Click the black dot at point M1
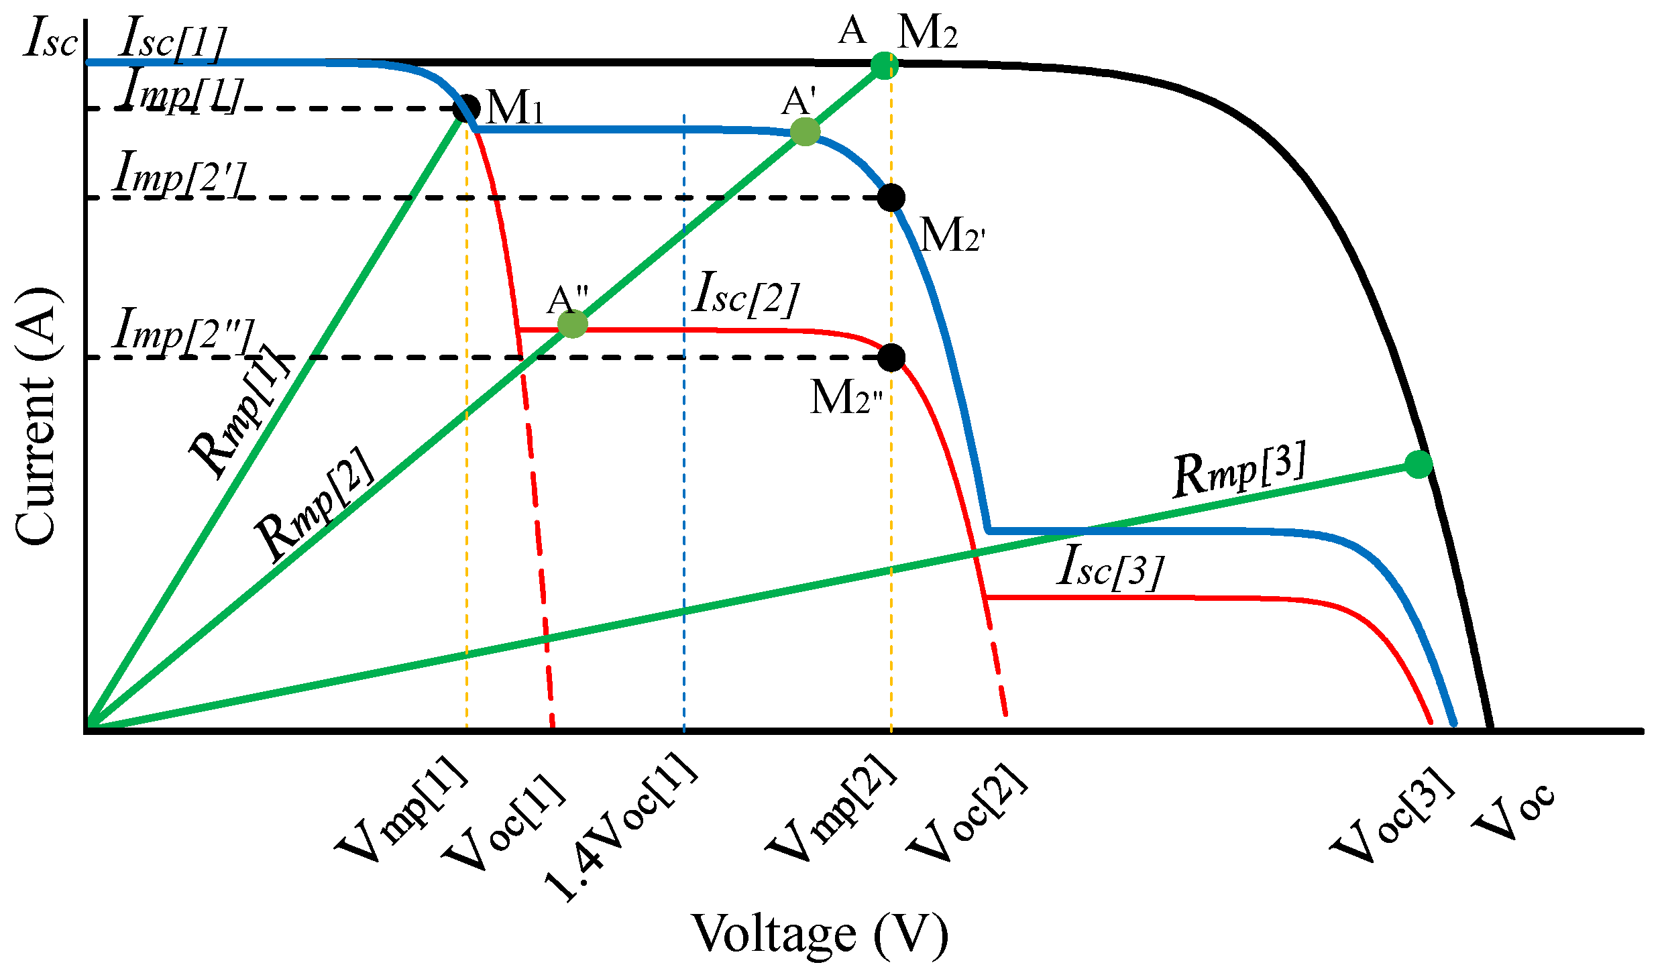(x=467, y=108)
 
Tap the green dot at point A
(x=885, y=66)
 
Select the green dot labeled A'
(x=805, y=132)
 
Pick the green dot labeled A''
(x=573, y=325)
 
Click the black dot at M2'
(x=891, y=197)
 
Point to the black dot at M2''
(x=891, y=357)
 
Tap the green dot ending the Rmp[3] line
(x=1419, y=464)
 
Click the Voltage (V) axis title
(x=820, y=934)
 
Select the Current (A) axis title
(x=37, y=416)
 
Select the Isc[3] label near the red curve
(x=1110, y=567)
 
